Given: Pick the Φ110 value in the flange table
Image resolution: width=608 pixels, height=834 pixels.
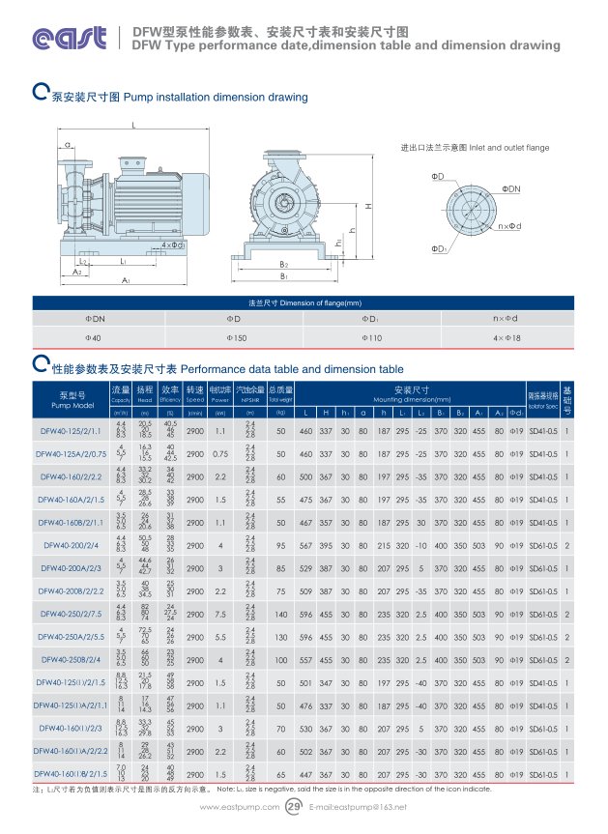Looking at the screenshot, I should [x=373, y=337].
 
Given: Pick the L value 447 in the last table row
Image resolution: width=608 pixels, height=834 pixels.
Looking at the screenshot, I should [x=305, y=775].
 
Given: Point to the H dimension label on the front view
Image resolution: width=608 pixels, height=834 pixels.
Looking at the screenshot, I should [x=369, y=206].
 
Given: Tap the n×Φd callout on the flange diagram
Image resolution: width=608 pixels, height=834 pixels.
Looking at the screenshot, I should [x=508, y=226].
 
